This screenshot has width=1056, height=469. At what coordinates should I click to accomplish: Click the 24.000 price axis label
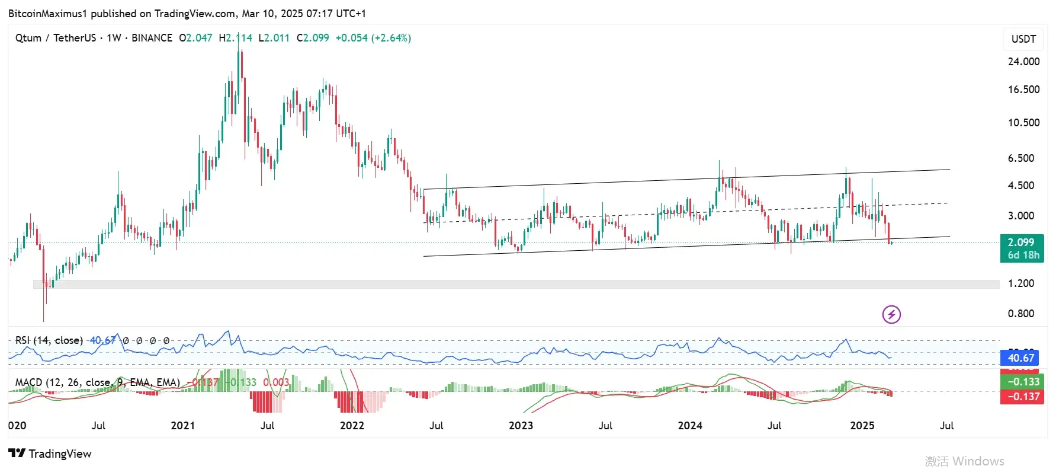[x=1023, y=62]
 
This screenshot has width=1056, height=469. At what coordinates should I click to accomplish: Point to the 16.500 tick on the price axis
[x=1023, y=90]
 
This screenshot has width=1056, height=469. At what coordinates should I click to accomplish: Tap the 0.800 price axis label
[x=1021, y=314]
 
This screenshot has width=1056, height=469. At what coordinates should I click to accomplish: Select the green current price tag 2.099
[x=1021, y=243]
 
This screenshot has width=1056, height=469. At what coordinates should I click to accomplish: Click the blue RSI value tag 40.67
[x=1021, y=358]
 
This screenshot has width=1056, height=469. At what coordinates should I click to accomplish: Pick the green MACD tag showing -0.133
[x=1022, y=382]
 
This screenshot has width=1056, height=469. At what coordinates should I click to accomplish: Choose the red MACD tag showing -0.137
[x=1022, y=397]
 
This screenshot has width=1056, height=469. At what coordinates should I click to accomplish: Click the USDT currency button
[x=1023, y=39]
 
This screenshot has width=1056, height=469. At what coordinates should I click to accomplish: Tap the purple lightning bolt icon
[x=891, y=314]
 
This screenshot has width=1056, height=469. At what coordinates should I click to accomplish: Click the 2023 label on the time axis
[x=521, y=426]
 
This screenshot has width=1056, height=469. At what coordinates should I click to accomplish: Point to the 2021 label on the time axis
[x=182, y=426]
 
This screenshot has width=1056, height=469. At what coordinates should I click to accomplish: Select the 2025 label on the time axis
[x=862, y=426]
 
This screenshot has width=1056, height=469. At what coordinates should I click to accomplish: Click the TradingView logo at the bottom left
[x=50, y=454]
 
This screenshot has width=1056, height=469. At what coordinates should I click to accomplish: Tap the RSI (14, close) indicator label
[x=49, y=340]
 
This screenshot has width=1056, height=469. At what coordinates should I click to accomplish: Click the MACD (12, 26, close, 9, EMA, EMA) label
[x=97, y=382]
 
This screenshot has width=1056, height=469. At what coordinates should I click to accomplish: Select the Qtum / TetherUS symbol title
[x=55, y=38]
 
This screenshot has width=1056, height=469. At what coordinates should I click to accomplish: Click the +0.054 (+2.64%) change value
[x=373, y=38]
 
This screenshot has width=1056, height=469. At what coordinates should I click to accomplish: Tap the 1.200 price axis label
[x=1021, y=283]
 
